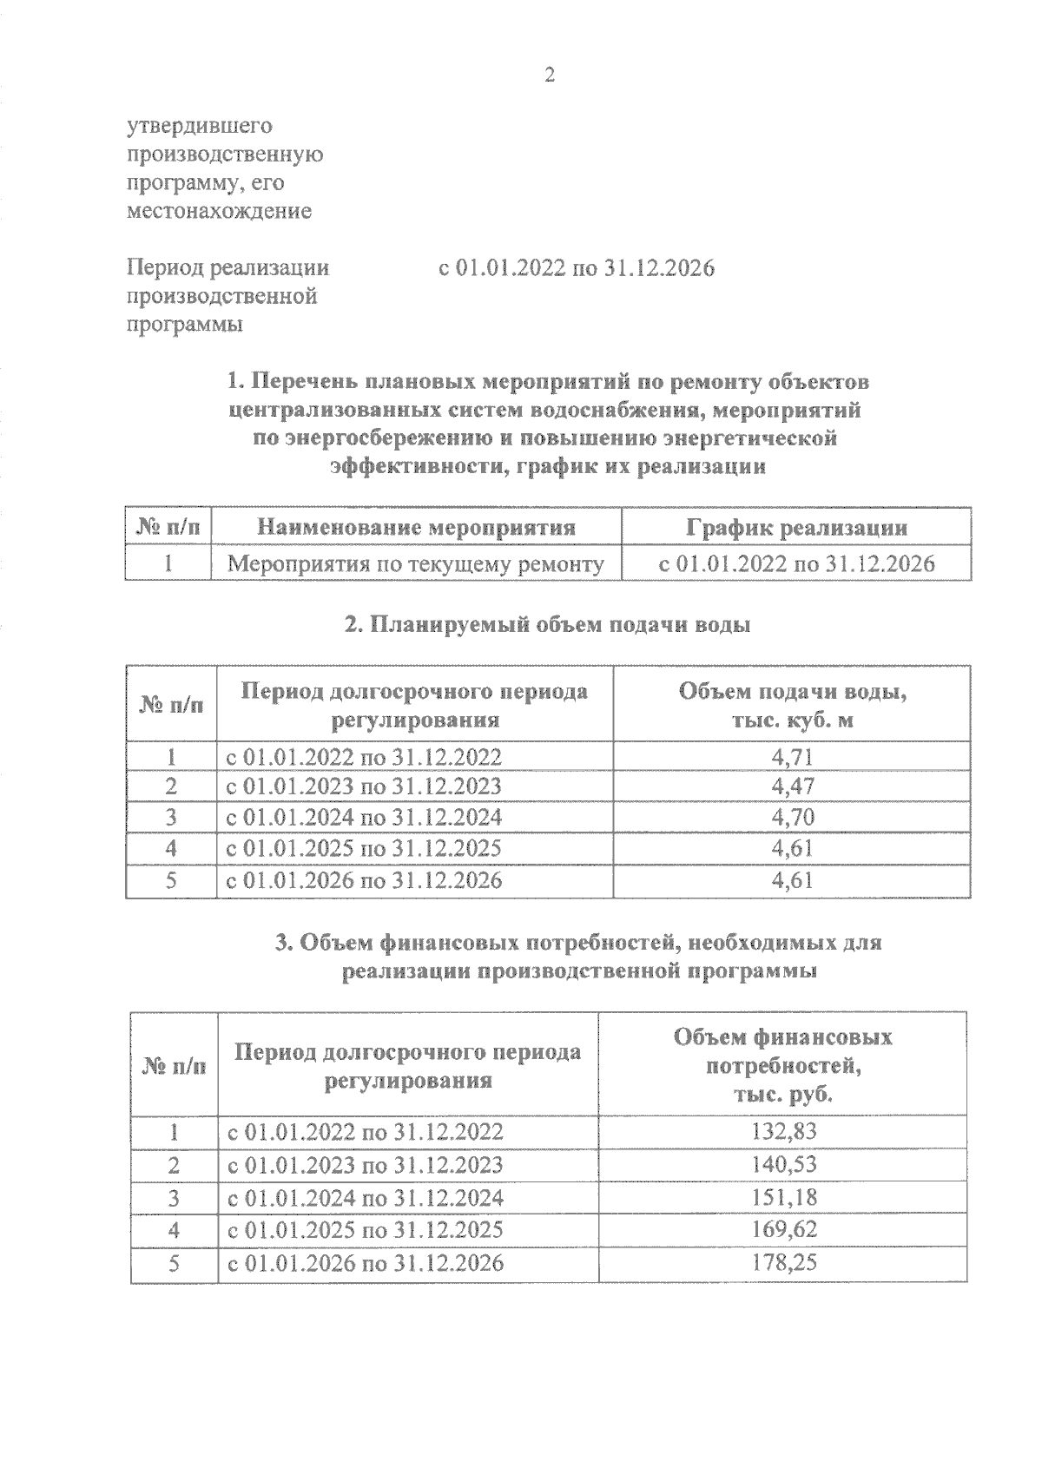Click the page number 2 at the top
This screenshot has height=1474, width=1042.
pyautogui.click(x=549, y=76)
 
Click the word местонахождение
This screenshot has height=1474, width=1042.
pyautogui.click(x=219, y=211)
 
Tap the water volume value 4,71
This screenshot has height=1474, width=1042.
pyautogui.click(x=791, y=757)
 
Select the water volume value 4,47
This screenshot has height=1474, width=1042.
pyautogui.click(x=791, y=786)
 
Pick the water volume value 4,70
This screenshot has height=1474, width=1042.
pyautogui.click(x=791, y=818)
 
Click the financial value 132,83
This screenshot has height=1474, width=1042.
pyautogui.click(x=782, y=1132)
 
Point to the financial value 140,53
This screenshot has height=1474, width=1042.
pyautogui.click(x=782, y=1164)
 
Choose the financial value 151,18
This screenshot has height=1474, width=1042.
pyautogui.click(x=782, y=1198)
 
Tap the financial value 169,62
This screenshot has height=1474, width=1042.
pyautogui.click(x=782, y=1230)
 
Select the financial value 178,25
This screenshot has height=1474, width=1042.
pyautogui.click(x=782, y=1262)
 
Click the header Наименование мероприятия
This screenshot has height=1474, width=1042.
pyautogui.click(x=417, y=528)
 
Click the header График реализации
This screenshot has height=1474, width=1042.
pyautogui.click(x=796, y=528)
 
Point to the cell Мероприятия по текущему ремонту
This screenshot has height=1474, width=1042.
pyautogui.click(x=415, y=564)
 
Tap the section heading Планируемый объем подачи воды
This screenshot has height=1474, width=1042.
pyautogui.click(x=547, y=625)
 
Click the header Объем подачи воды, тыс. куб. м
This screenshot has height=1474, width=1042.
pyautogui.click(x=791, y=706)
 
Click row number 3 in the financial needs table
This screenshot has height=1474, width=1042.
pyautogui.click(x=174, y=1198)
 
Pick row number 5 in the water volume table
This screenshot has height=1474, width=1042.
pyautogui.click(x=171, y=880)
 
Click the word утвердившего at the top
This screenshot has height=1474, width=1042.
pyautogui.click(x=200, y=127)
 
